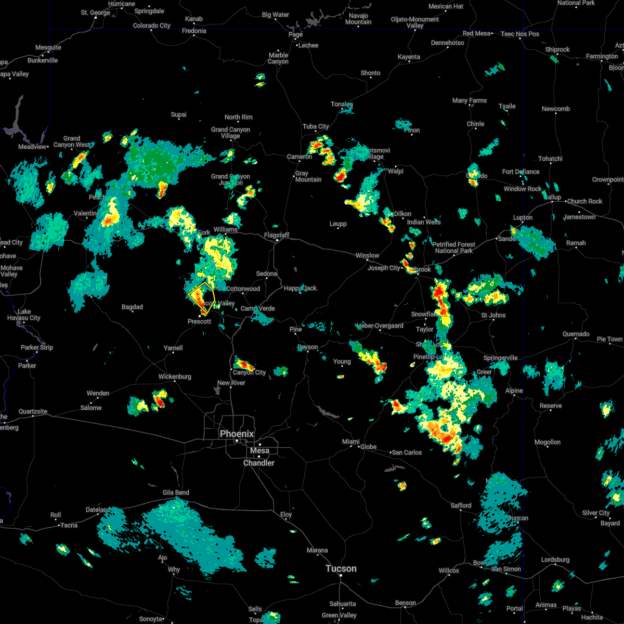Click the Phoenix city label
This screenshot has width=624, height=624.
click(237, 434)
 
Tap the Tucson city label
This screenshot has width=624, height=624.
click(341, 568)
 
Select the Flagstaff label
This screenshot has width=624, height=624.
click(276, 236)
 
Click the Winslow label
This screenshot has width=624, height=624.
click(367, 255)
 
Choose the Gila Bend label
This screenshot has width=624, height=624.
click(175, 492)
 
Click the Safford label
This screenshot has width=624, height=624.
click(461, 505)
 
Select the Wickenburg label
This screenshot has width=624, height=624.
click(175, 376)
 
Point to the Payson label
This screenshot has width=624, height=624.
click(308, 347)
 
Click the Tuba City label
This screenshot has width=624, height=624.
click(316, 126)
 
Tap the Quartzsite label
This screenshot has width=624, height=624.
click(33, 411)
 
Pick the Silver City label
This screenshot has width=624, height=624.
click(596, 513)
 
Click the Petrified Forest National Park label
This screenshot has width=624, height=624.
click(454, 248)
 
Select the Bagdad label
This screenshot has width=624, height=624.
click(132, 307)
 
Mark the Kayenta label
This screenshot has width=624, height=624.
click(409, 57)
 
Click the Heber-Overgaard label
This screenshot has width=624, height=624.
click(380, 326)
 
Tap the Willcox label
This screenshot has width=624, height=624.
click(449, 570)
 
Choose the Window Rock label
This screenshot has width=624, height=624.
click(523, 189)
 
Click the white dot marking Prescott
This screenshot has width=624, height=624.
click(199, 315)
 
